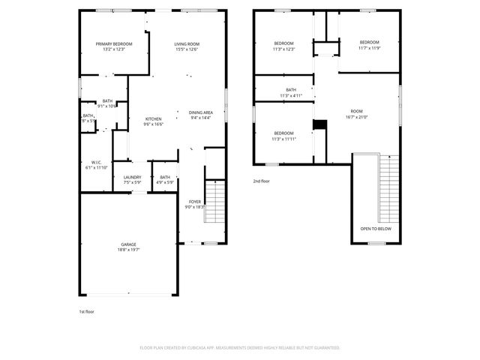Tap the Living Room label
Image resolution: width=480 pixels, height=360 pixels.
click(187, 44)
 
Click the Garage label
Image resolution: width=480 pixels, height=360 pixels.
click(129, 244)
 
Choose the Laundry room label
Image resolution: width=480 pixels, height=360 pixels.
click(132, 177)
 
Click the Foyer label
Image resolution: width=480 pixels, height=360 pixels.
click(194, 202)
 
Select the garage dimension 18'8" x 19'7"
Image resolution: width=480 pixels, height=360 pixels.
click(129, 250)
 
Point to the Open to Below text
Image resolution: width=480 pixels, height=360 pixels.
click(375, 228)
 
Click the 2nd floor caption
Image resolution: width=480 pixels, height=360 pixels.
click(261, 181)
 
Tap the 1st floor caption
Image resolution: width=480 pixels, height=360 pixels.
click(87, 311)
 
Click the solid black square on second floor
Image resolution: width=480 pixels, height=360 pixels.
click(319, 125)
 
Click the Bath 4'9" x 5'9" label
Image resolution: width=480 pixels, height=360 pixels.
click(165, 177)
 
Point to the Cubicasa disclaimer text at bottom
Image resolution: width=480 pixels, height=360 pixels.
click(240, 348)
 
